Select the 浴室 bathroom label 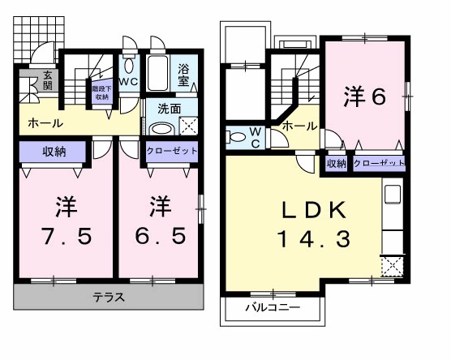183,77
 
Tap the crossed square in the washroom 187,126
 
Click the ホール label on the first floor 41,123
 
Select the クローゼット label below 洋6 379,163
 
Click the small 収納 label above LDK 337,163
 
